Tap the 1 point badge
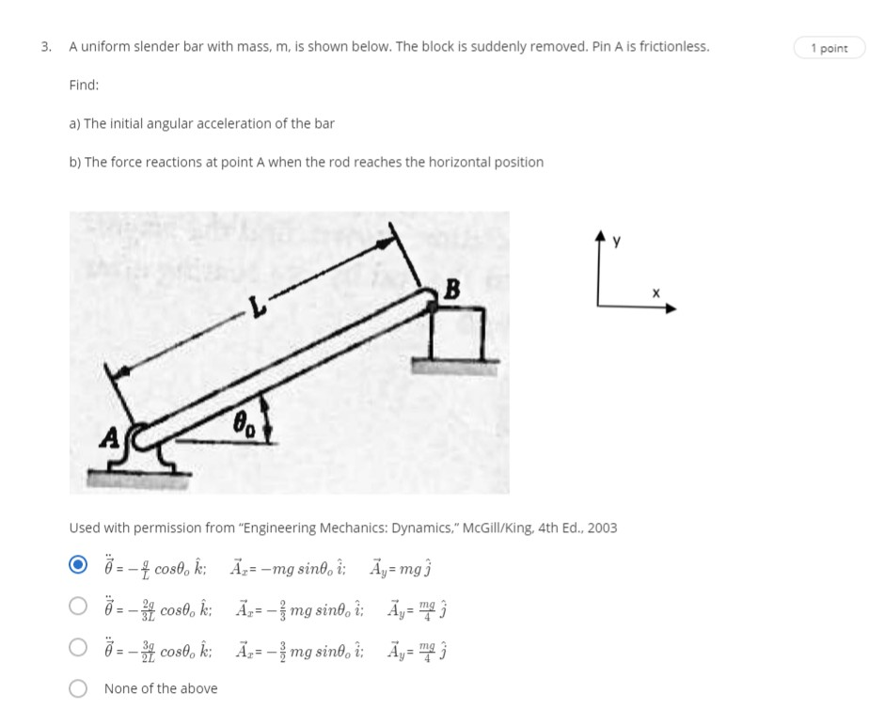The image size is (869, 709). point(829,48)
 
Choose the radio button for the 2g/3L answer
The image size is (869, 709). point(80,608)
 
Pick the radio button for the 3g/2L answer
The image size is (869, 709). point(80,649)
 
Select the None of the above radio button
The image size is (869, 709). point(80,689)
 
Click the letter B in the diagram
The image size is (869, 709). point(450,291)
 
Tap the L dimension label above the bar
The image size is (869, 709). point(251,307)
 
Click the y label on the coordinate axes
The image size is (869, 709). point(617,242)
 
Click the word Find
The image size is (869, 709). point(84,86)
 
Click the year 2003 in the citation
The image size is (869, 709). point(602,528)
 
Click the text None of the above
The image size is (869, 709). point(161,689)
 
